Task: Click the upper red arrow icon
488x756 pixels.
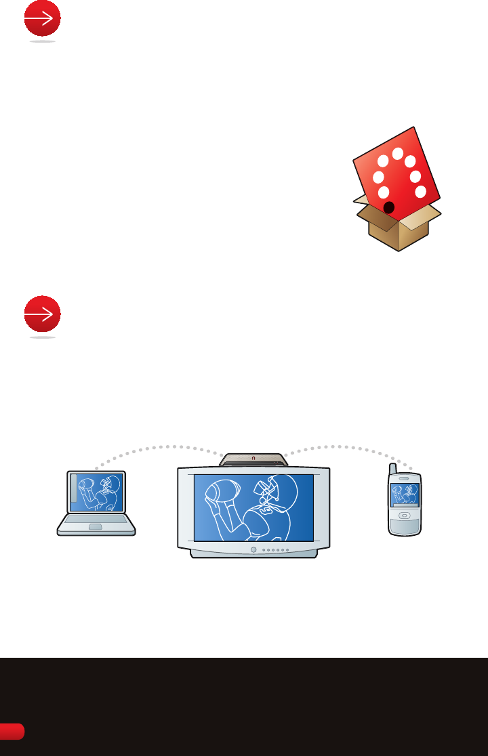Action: [x=42, y=20]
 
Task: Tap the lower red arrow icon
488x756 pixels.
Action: [x=42, y=315]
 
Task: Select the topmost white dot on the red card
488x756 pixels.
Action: [x=398, y=153]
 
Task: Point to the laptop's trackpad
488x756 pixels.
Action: [x=96, y=526]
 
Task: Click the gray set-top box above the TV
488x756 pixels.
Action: [x=254, y=459]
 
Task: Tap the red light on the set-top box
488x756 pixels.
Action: [x=253, y=459]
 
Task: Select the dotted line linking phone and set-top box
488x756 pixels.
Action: [x=346, y=447]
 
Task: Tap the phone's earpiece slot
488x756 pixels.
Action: [x=405, y=480]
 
